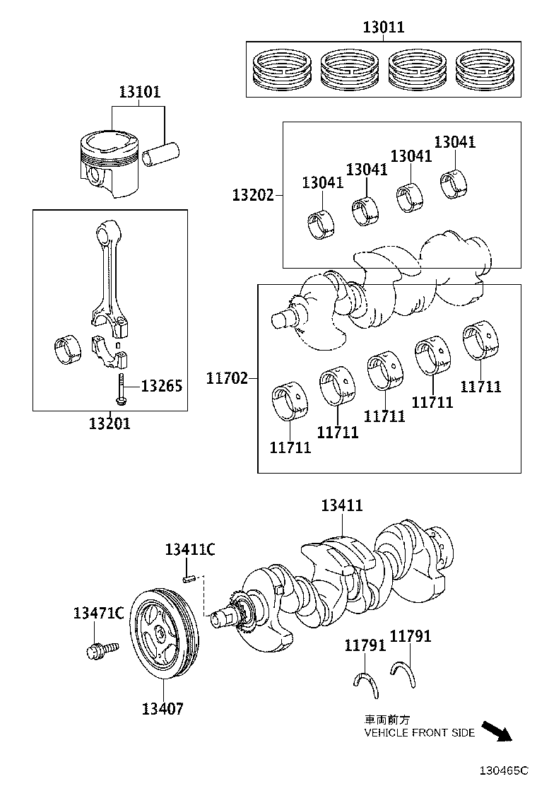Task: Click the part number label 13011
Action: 384,28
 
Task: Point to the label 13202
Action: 253,194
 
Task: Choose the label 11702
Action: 228,378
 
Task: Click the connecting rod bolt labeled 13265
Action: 121,389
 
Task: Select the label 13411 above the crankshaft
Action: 342,505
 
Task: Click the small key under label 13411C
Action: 189,580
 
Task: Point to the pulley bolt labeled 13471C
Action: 94,650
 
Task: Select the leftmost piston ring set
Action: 281,69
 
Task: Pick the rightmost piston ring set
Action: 486,69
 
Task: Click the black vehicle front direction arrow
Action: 497,731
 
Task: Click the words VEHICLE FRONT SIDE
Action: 419,734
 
